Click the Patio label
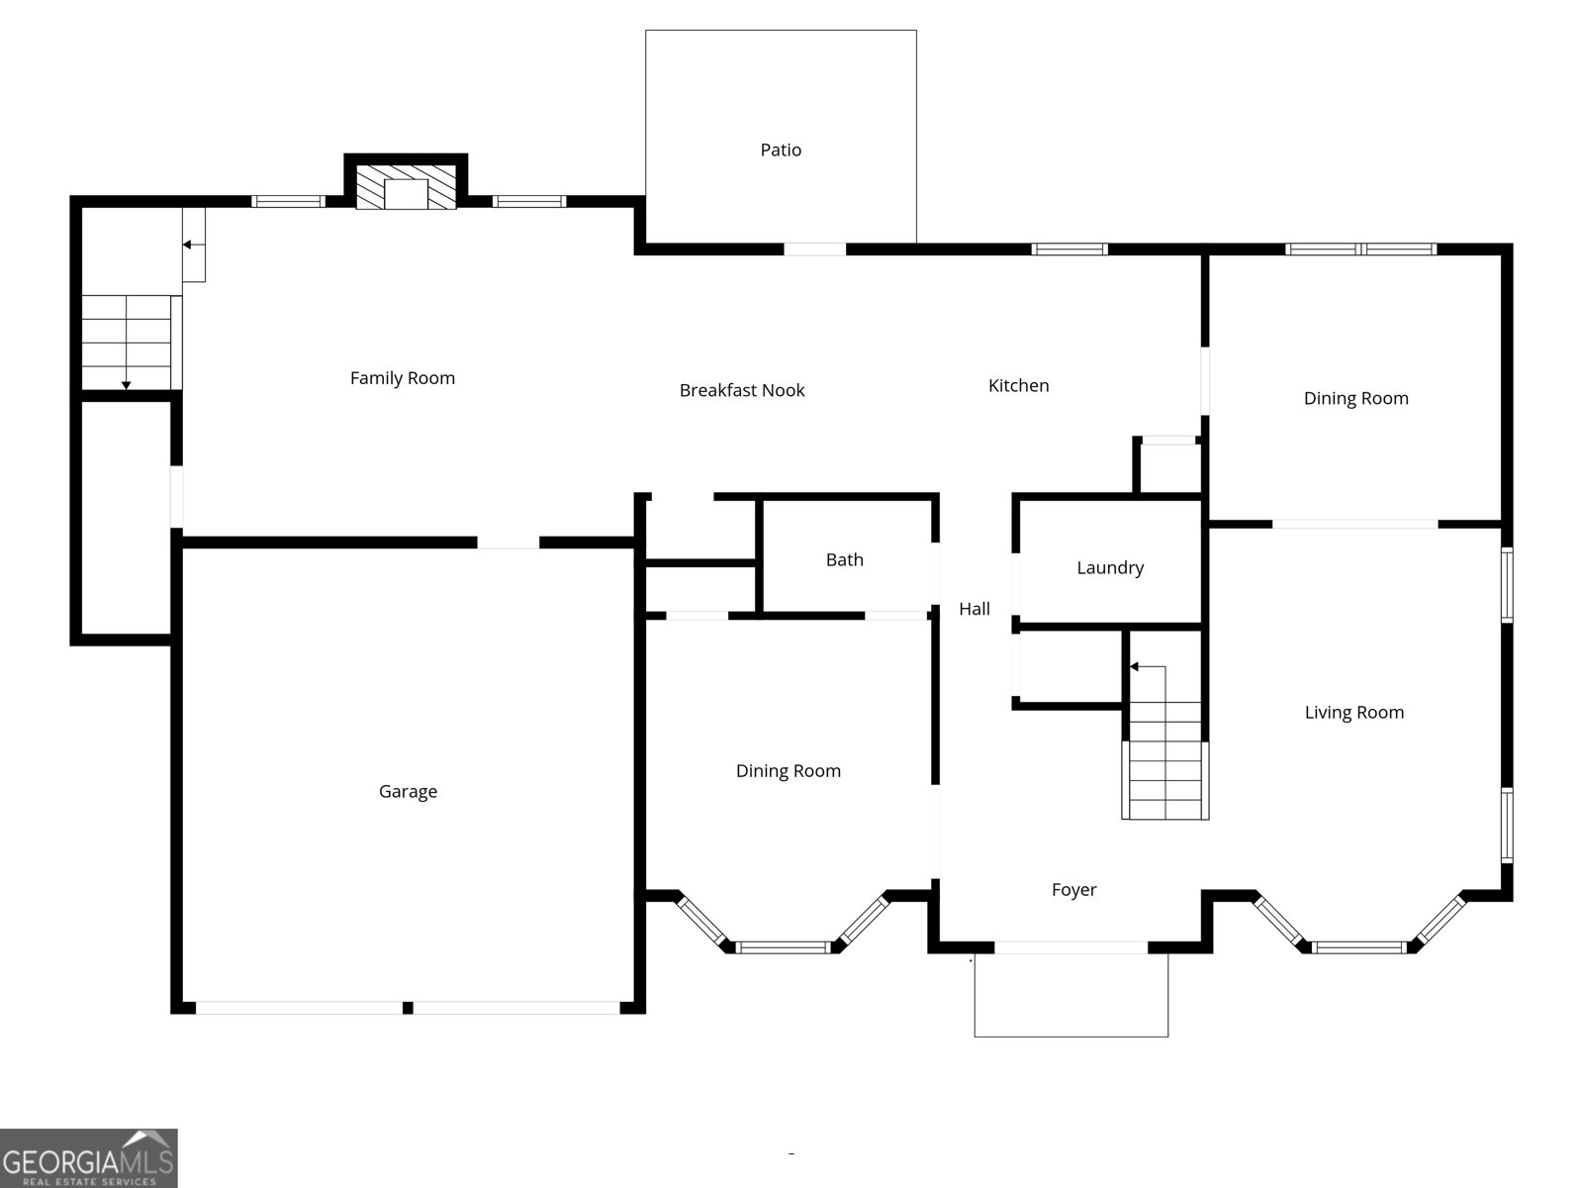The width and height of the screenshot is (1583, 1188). [x=781, y=150]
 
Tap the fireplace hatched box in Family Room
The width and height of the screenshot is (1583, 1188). [x=406, y=187]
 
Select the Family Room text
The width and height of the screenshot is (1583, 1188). [x=403, y=378]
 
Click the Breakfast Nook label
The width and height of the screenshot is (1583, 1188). [x=742, y=391]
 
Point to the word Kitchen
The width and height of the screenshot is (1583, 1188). [x=1018, y=386]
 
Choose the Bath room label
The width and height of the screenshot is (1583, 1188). [x=844, y=560]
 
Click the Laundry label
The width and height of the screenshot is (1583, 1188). [x=1110, y=568]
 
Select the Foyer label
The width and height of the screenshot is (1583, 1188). [x=1073, y=890]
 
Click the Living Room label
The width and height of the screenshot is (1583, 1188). [x=1353, y=713]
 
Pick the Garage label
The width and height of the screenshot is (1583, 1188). [x=408, y=792]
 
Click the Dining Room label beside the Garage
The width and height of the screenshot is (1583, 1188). [x=788, y=771]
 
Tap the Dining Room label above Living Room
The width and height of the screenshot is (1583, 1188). [x=1355, y=399]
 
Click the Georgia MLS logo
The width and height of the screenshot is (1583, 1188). [x=89, y=1157]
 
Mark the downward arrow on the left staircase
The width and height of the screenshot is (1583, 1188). [x=127, y=383]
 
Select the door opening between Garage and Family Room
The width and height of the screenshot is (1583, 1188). [x=509, y=543]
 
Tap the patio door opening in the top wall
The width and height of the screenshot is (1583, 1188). [x=815, y=249]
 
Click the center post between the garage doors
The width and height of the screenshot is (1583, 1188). [x=408, y=1008]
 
